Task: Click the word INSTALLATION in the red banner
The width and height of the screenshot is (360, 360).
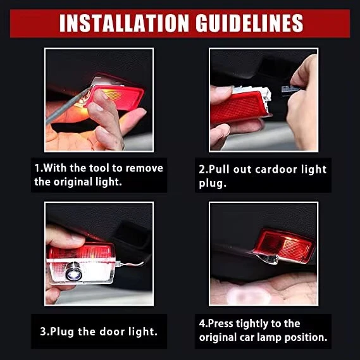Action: click(124, 23)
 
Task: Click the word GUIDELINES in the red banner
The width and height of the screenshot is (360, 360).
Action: click(249, 23)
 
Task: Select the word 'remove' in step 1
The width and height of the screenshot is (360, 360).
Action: click(144, 168)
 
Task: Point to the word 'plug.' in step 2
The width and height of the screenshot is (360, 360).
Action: click(213, 183)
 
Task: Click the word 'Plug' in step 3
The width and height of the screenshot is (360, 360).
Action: click(62, 332)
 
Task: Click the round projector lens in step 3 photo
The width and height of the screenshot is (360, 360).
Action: click(73, 272)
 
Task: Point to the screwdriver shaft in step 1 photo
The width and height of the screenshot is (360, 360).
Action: click(66, 106)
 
